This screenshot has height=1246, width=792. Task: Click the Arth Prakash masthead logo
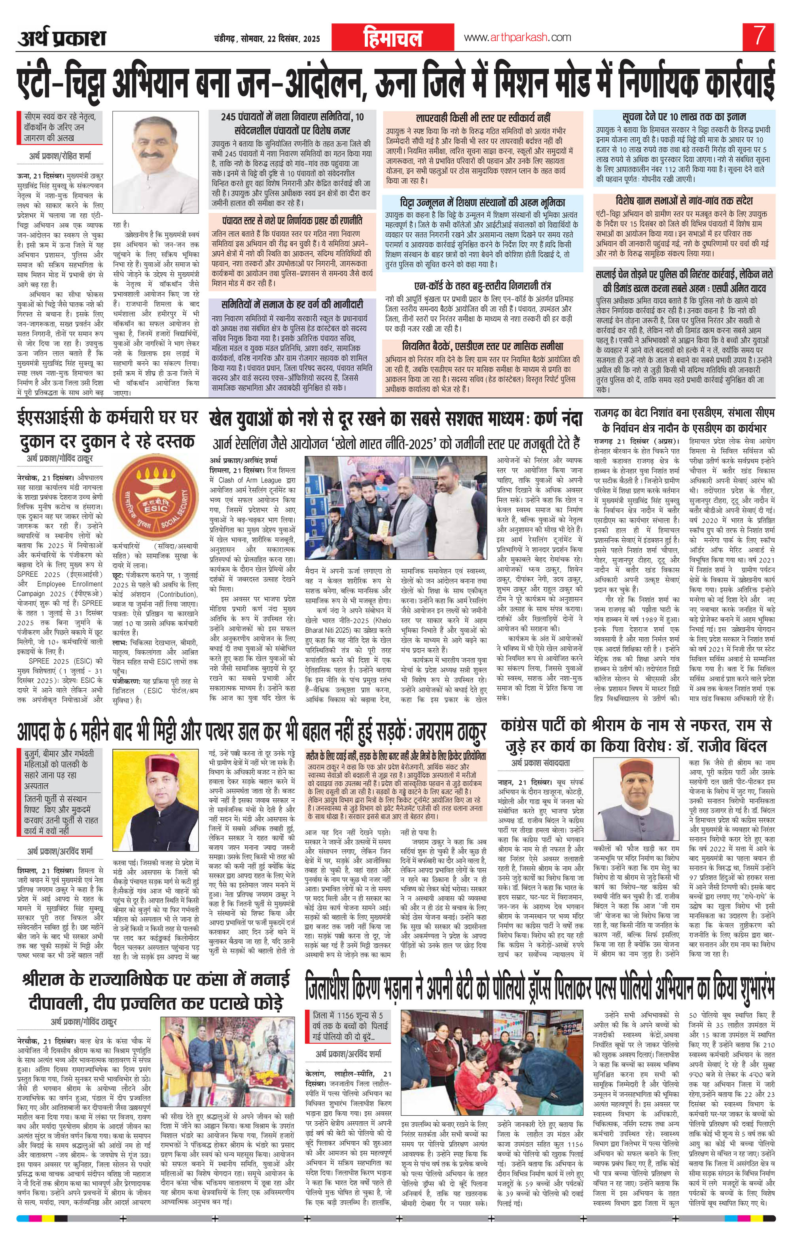click(x=63, y=38)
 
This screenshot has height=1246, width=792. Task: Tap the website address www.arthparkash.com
click(x=517, y=37)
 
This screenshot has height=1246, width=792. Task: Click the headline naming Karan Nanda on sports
click(x=396, y=418)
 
